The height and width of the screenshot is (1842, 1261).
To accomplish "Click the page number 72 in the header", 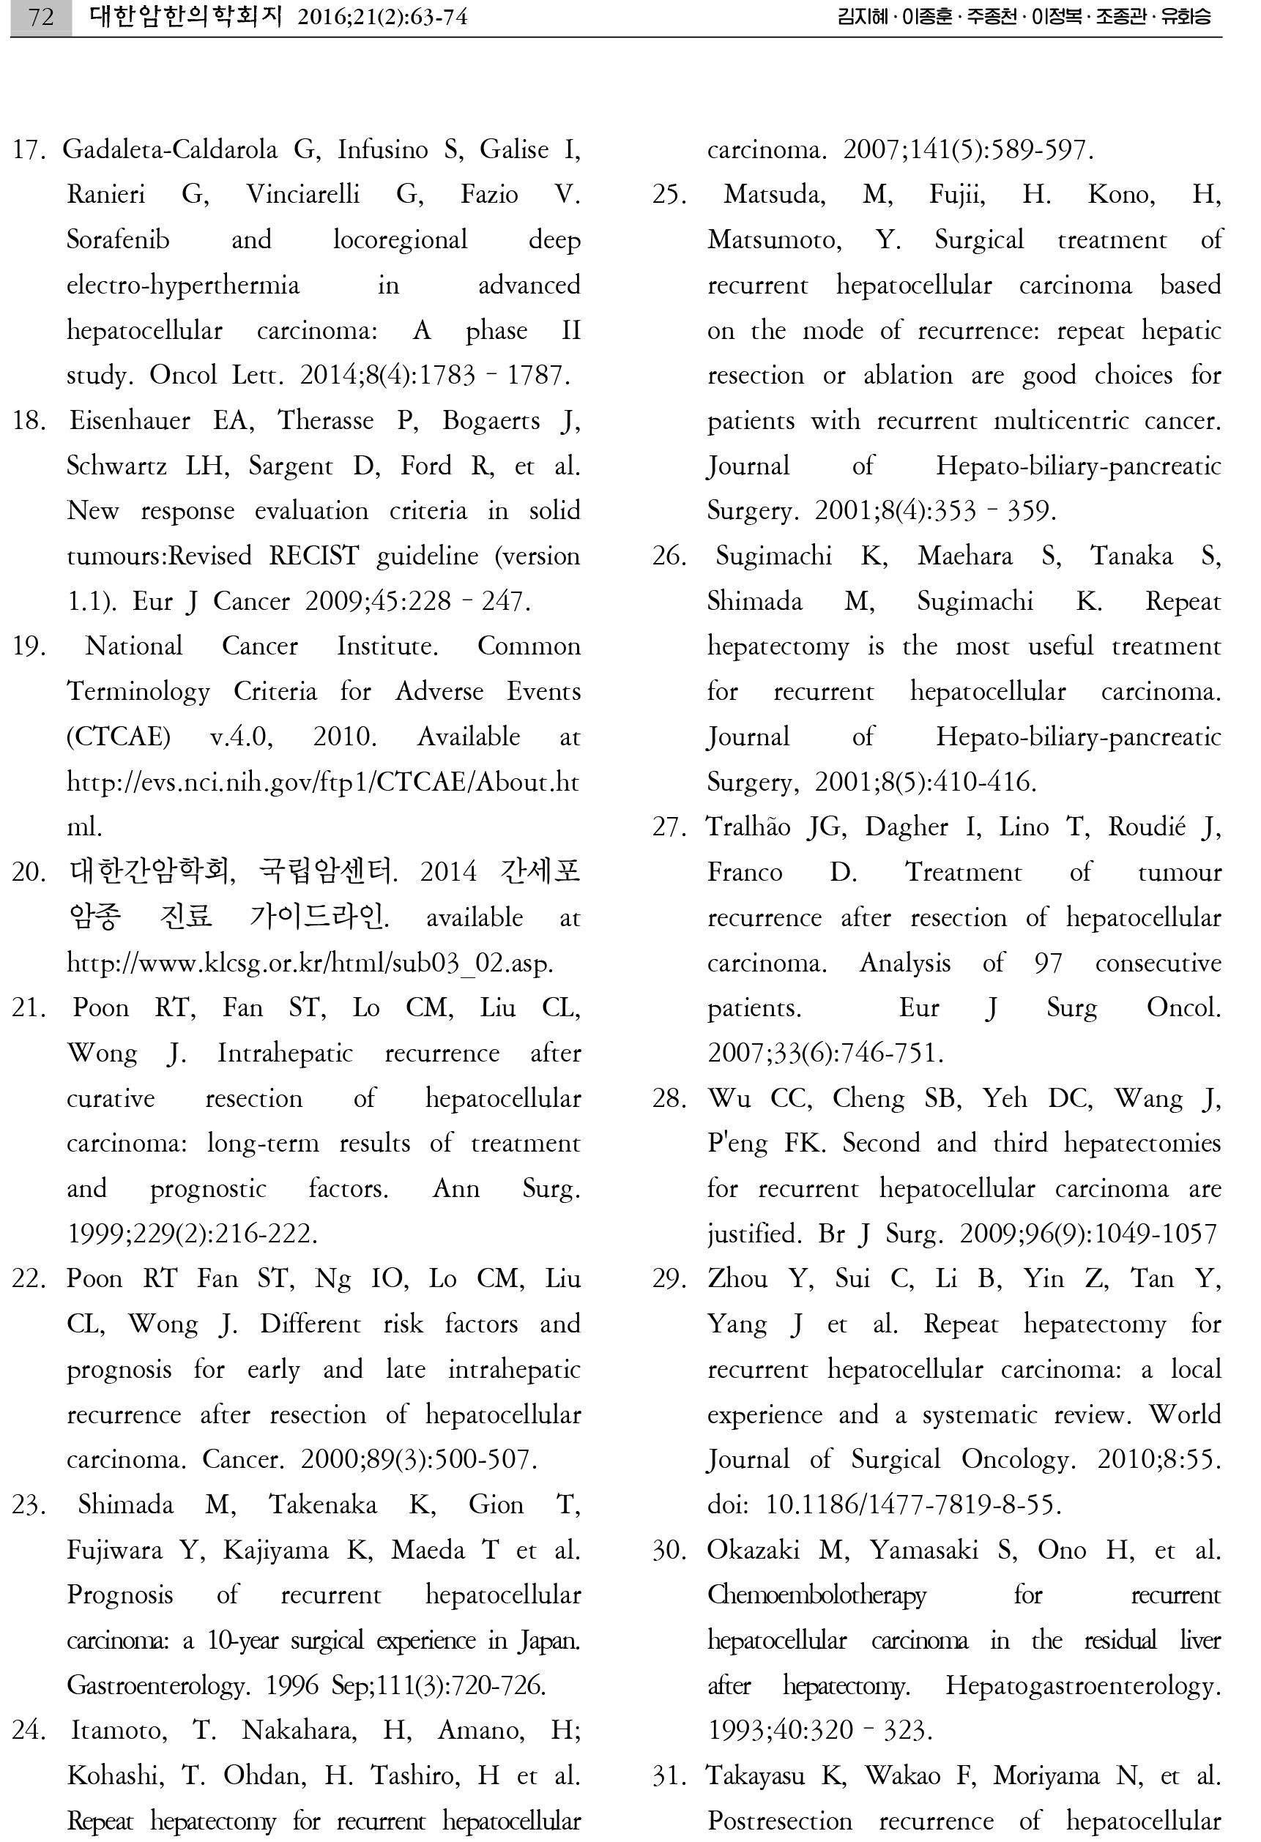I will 41,17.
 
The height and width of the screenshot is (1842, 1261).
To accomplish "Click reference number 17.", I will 29,150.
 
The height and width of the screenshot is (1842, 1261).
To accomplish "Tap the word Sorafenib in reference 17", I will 118,240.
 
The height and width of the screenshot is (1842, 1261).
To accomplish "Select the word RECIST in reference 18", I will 314,556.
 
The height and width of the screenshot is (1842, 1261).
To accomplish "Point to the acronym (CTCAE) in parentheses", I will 118,737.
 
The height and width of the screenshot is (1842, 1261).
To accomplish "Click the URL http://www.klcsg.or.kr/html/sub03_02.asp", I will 310,963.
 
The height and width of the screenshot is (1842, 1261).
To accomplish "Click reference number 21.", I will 29,1008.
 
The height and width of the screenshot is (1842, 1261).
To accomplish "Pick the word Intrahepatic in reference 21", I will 285,1054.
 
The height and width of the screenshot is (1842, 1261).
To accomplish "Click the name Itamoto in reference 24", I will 119,1731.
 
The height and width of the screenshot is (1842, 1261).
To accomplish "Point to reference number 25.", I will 670,195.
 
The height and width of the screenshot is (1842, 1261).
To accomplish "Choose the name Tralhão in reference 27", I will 749,827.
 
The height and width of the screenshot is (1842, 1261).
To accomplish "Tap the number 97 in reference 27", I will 1048,963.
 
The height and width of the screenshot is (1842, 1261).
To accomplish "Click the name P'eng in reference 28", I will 737,1144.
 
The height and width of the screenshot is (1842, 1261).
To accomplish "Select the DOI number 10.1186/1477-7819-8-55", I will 913,1505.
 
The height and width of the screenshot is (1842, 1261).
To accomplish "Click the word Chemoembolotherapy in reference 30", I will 817,1595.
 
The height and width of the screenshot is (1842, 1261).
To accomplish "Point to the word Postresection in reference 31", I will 780,1822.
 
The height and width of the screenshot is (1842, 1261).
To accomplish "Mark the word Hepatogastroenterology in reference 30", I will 1082,1686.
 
